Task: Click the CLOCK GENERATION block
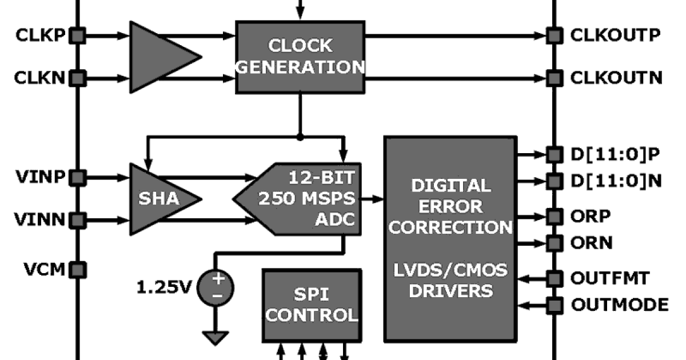tap(301, 57)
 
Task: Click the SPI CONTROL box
tap(312, 305)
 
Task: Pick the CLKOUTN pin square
tap(553, 77)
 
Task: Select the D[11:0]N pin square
tap(553, 181)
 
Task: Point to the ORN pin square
tap(553, 242)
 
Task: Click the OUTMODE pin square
tap(553, 305)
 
